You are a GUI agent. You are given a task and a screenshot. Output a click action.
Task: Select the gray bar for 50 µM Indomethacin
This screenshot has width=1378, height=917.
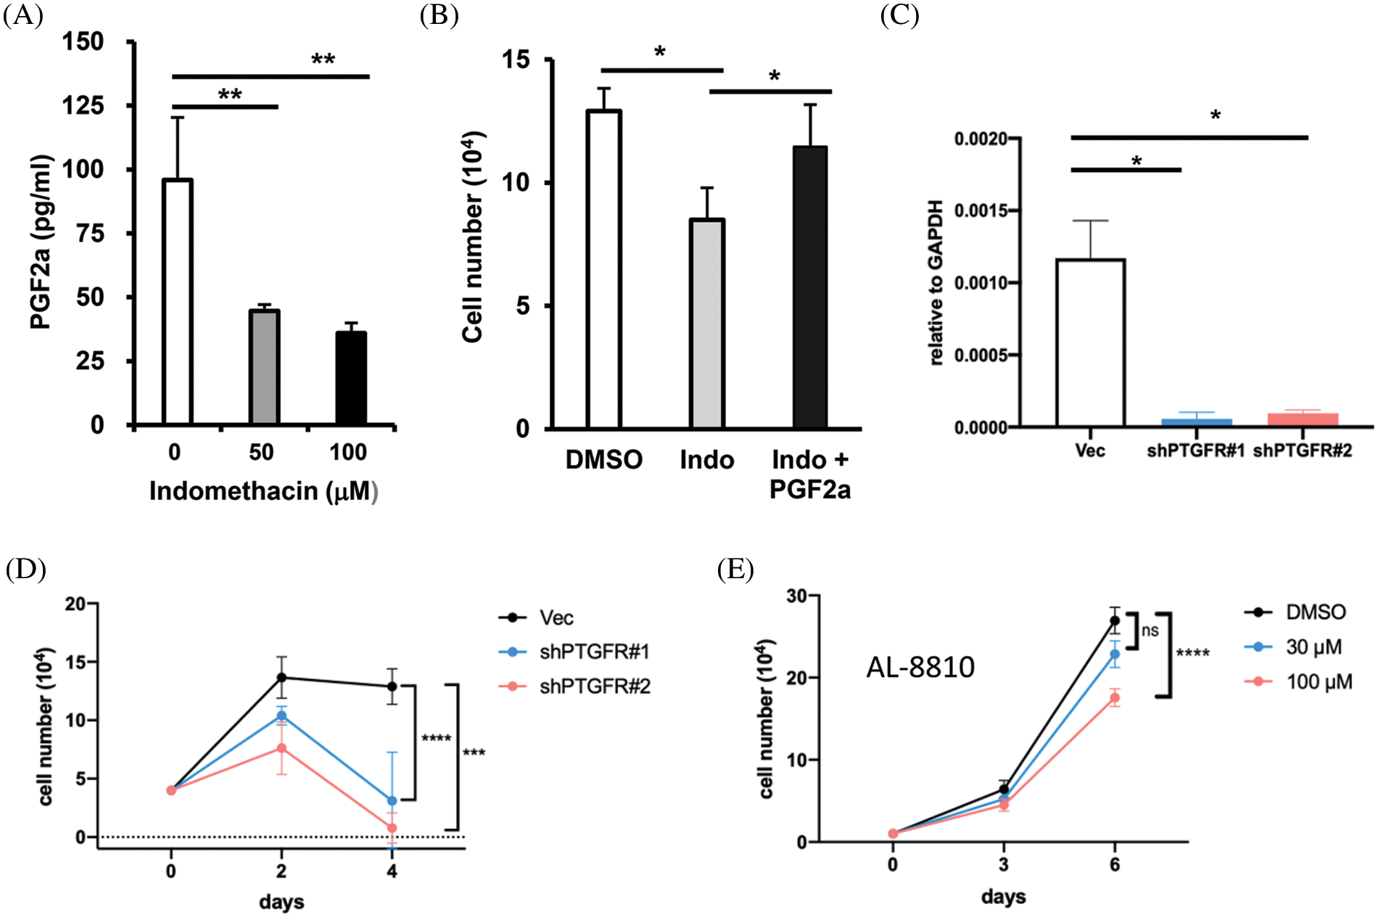click(x=264, y=367)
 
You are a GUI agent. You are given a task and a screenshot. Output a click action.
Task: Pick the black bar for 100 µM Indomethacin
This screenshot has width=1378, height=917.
click(x=351, y=377)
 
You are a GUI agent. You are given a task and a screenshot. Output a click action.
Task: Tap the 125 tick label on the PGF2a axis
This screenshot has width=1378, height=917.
click(x=83, y=106)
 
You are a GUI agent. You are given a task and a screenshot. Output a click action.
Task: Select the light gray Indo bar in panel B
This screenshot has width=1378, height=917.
click(x=706, y=324)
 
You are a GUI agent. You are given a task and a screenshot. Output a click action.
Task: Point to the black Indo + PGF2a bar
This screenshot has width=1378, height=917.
click(x=809, y=287)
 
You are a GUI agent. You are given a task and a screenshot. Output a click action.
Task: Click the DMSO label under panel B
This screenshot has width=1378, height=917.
click(x=603, y=460)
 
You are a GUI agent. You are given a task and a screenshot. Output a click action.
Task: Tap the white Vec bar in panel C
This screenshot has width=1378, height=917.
click(x=1090, y=342)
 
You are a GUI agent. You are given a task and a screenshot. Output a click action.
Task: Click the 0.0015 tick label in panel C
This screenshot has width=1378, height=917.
click(x=981, y=211)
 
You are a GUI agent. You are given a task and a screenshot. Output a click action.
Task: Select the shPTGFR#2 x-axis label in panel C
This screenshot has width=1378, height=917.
click(x=1303, y=451)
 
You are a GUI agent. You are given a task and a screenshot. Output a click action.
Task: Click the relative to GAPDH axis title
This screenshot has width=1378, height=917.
click(x=936, y=282)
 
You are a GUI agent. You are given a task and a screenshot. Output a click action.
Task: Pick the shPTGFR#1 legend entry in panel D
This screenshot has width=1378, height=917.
click(x=593, y=652)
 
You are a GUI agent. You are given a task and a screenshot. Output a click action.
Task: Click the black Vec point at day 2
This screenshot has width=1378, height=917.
click(x=281, y=678)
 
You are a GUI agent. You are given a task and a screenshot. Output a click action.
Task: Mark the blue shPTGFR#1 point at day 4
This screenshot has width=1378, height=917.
click(x=392, y=801)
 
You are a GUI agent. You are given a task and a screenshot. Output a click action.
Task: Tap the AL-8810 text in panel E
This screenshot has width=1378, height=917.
click(x=920, y=667)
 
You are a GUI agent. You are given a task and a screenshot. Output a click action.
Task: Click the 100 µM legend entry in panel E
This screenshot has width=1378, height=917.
click(x=1319, y=682)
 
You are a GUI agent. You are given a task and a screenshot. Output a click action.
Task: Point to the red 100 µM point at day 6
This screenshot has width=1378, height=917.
click(x=1114, y=698)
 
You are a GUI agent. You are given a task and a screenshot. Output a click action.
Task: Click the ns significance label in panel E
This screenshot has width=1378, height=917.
click(x=1150, y=630)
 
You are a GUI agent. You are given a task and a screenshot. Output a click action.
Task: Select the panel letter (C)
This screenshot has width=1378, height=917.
click(x=899, y=15)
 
